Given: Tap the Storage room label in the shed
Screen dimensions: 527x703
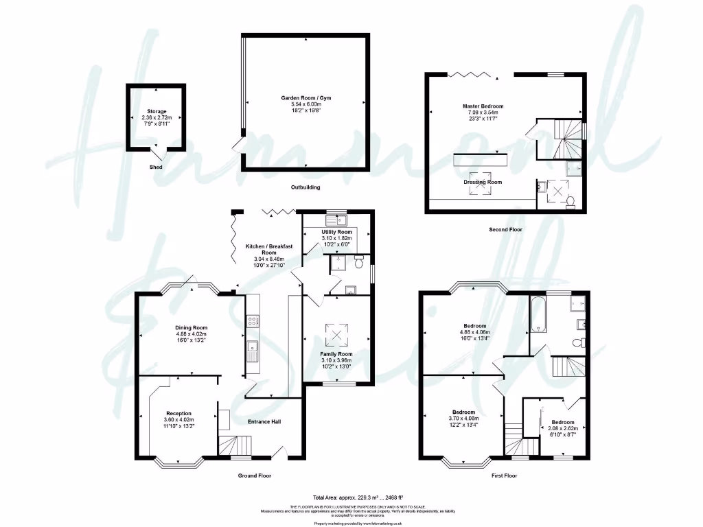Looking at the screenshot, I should click(x=156, y=111).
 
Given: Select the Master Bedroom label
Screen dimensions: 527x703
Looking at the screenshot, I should click(x=483, y=106).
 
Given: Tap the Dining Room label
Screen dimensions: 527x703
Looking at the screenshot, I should click(x=191, y=328).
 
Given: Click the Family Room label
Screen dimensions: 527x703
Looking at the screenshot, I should click(x=336, y=354).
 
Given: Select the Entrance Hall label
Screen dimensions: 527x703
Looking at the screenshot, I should click(x=264, y=421).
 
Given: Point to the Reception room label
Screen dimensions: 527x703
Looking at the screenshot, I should click(x=178, y=413).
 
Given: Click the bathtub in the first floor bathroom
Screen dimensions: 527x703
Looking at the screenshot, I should click(x=538, y=314).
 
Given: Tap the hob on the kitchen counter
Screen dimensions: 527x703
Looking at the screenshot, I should click(x=252, y=320).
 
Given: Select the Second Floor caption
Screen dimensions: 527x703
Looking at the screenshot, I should click(x=505, y=229).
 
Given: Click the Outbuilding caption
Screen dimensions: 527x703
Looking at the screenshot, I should click(x=305, y=187).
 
